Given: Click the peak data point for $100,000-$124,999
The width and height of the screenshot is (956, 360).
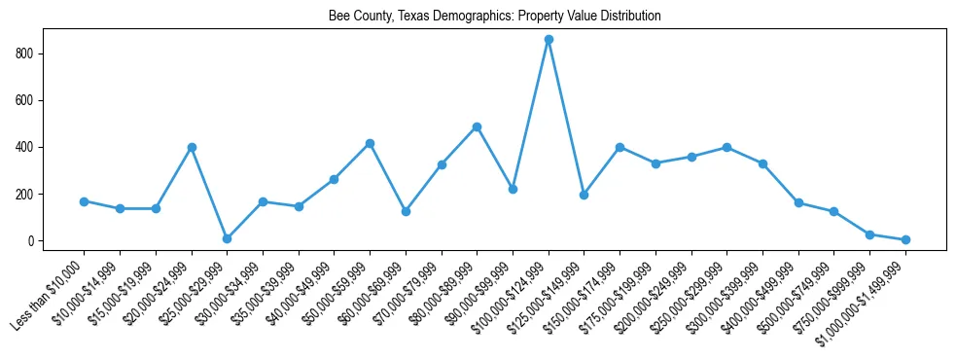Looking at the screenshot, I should [x=549, y=40].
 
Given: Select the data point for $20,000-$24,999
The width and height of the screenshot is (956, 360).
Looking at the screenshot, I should [x=192, y=147].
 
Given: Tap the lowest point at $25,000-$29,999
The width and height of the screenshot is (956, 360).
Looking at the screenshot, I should [x=227, y=238].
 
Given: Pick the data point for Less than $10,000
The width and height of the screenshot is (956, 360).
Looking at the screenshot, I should [x=85, y=201].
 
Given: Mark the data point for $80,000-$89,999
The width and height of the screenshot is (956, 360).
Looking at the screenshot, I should [x=477, y=126].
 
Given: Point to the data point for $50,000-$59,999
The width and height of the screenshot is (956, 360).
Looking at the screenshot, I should [x=370, y=143].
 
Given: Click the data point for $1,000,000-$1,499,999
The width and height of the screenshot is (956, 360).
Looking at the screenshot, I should [x=905, y=239].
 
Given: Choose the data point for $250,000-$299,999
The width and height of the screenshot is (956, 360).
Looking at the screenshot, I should [x=726, y=147].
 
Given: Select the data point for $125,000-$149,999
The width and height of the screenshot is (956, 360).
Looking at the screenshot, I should [x=584, y=195].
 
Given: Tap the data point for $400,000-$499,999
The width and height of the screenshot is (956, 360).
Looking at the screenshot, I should [x=798, y=202].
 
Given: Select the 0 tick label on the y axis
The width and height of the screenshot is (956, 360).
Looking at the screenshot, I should [x=33, y=241].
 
